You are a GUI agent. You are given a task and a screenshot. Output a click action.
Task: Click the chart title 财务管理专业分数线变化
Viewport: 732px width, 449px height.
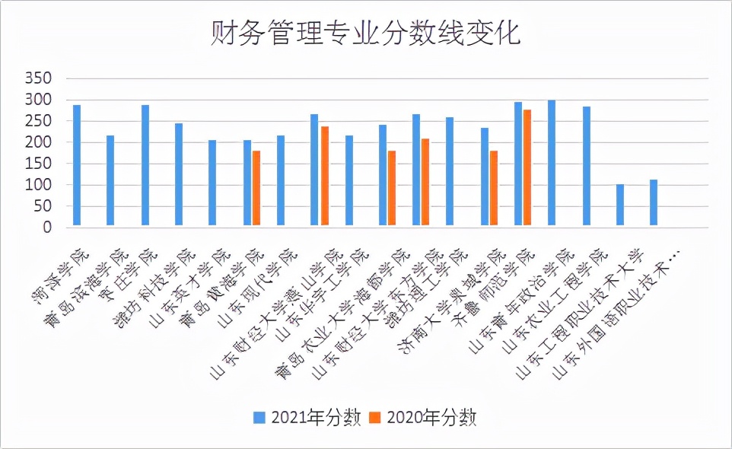click(365, 34)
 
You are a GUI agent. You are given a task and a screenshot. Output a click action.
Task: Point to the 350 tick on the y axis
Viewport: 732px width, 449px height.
click(37, 78)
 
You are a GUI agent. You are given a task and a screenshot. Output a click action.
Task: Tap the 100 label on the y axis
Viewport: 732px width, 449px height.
click(37, 185)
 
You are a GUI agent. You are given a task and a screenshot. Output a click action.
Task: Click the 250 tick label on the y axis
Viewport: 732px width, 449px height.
click(37, 121)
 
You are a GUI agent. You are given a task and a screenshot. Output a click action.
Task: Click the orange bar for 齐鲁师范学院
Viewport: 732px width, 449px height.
click(527, 168)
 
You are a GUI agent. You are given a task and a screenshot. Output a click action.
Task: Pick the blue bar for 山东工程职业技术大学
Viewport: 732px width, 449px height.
click(620, 205)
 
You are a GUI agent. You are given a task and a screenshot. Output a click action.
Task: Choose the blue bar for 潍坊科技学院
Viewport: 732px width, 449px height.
click(179, 175)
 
